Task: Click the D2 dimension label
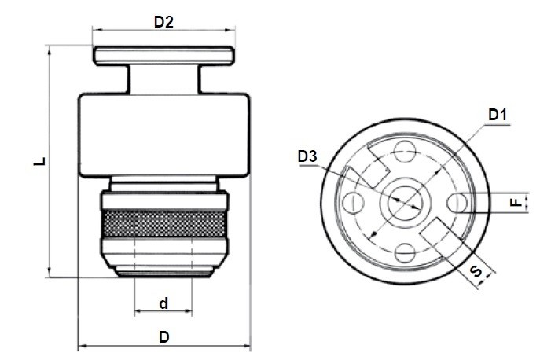[x=163, y=22]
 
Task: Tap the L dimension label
[x=39, y=161]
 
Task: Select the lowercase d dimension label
[x=164, y=303]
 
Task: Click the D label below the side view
[x=164, y=336]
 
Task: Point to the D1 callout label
[x=498, y=115]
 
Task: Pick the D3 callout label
[x=307, y=156]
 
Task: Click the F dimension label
[x=516, y=202]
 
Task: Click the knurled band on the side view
[x=163, y=223]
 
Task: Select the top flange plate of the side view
[x=164, y=56]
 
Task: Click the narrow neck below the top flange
[x=164, y=79]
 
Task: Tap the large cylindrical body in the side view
[x=164, y=135]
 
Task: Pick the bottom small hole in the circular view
[x=405, y=253]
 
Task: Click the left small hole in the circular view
[x=354, y=202]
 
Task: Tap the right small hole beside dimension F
[x=457, y=202]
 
